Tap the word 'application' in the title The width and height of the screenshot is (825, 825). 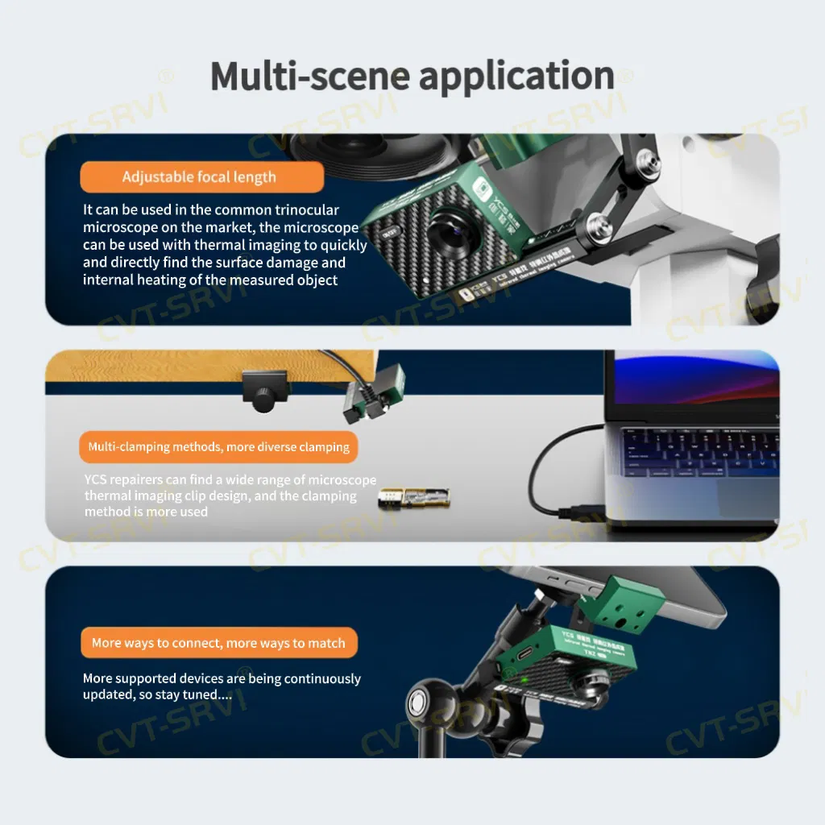(516, 77)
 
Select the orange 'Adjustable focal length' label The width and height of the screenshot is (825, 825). (199, 177)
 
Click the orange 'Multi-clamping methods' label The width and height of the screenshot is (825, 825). (218, 446)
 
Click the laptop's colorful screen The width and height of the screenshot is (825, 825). (693, 385)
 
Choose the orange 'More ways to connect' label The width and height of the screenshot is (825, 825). (218, 643)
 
